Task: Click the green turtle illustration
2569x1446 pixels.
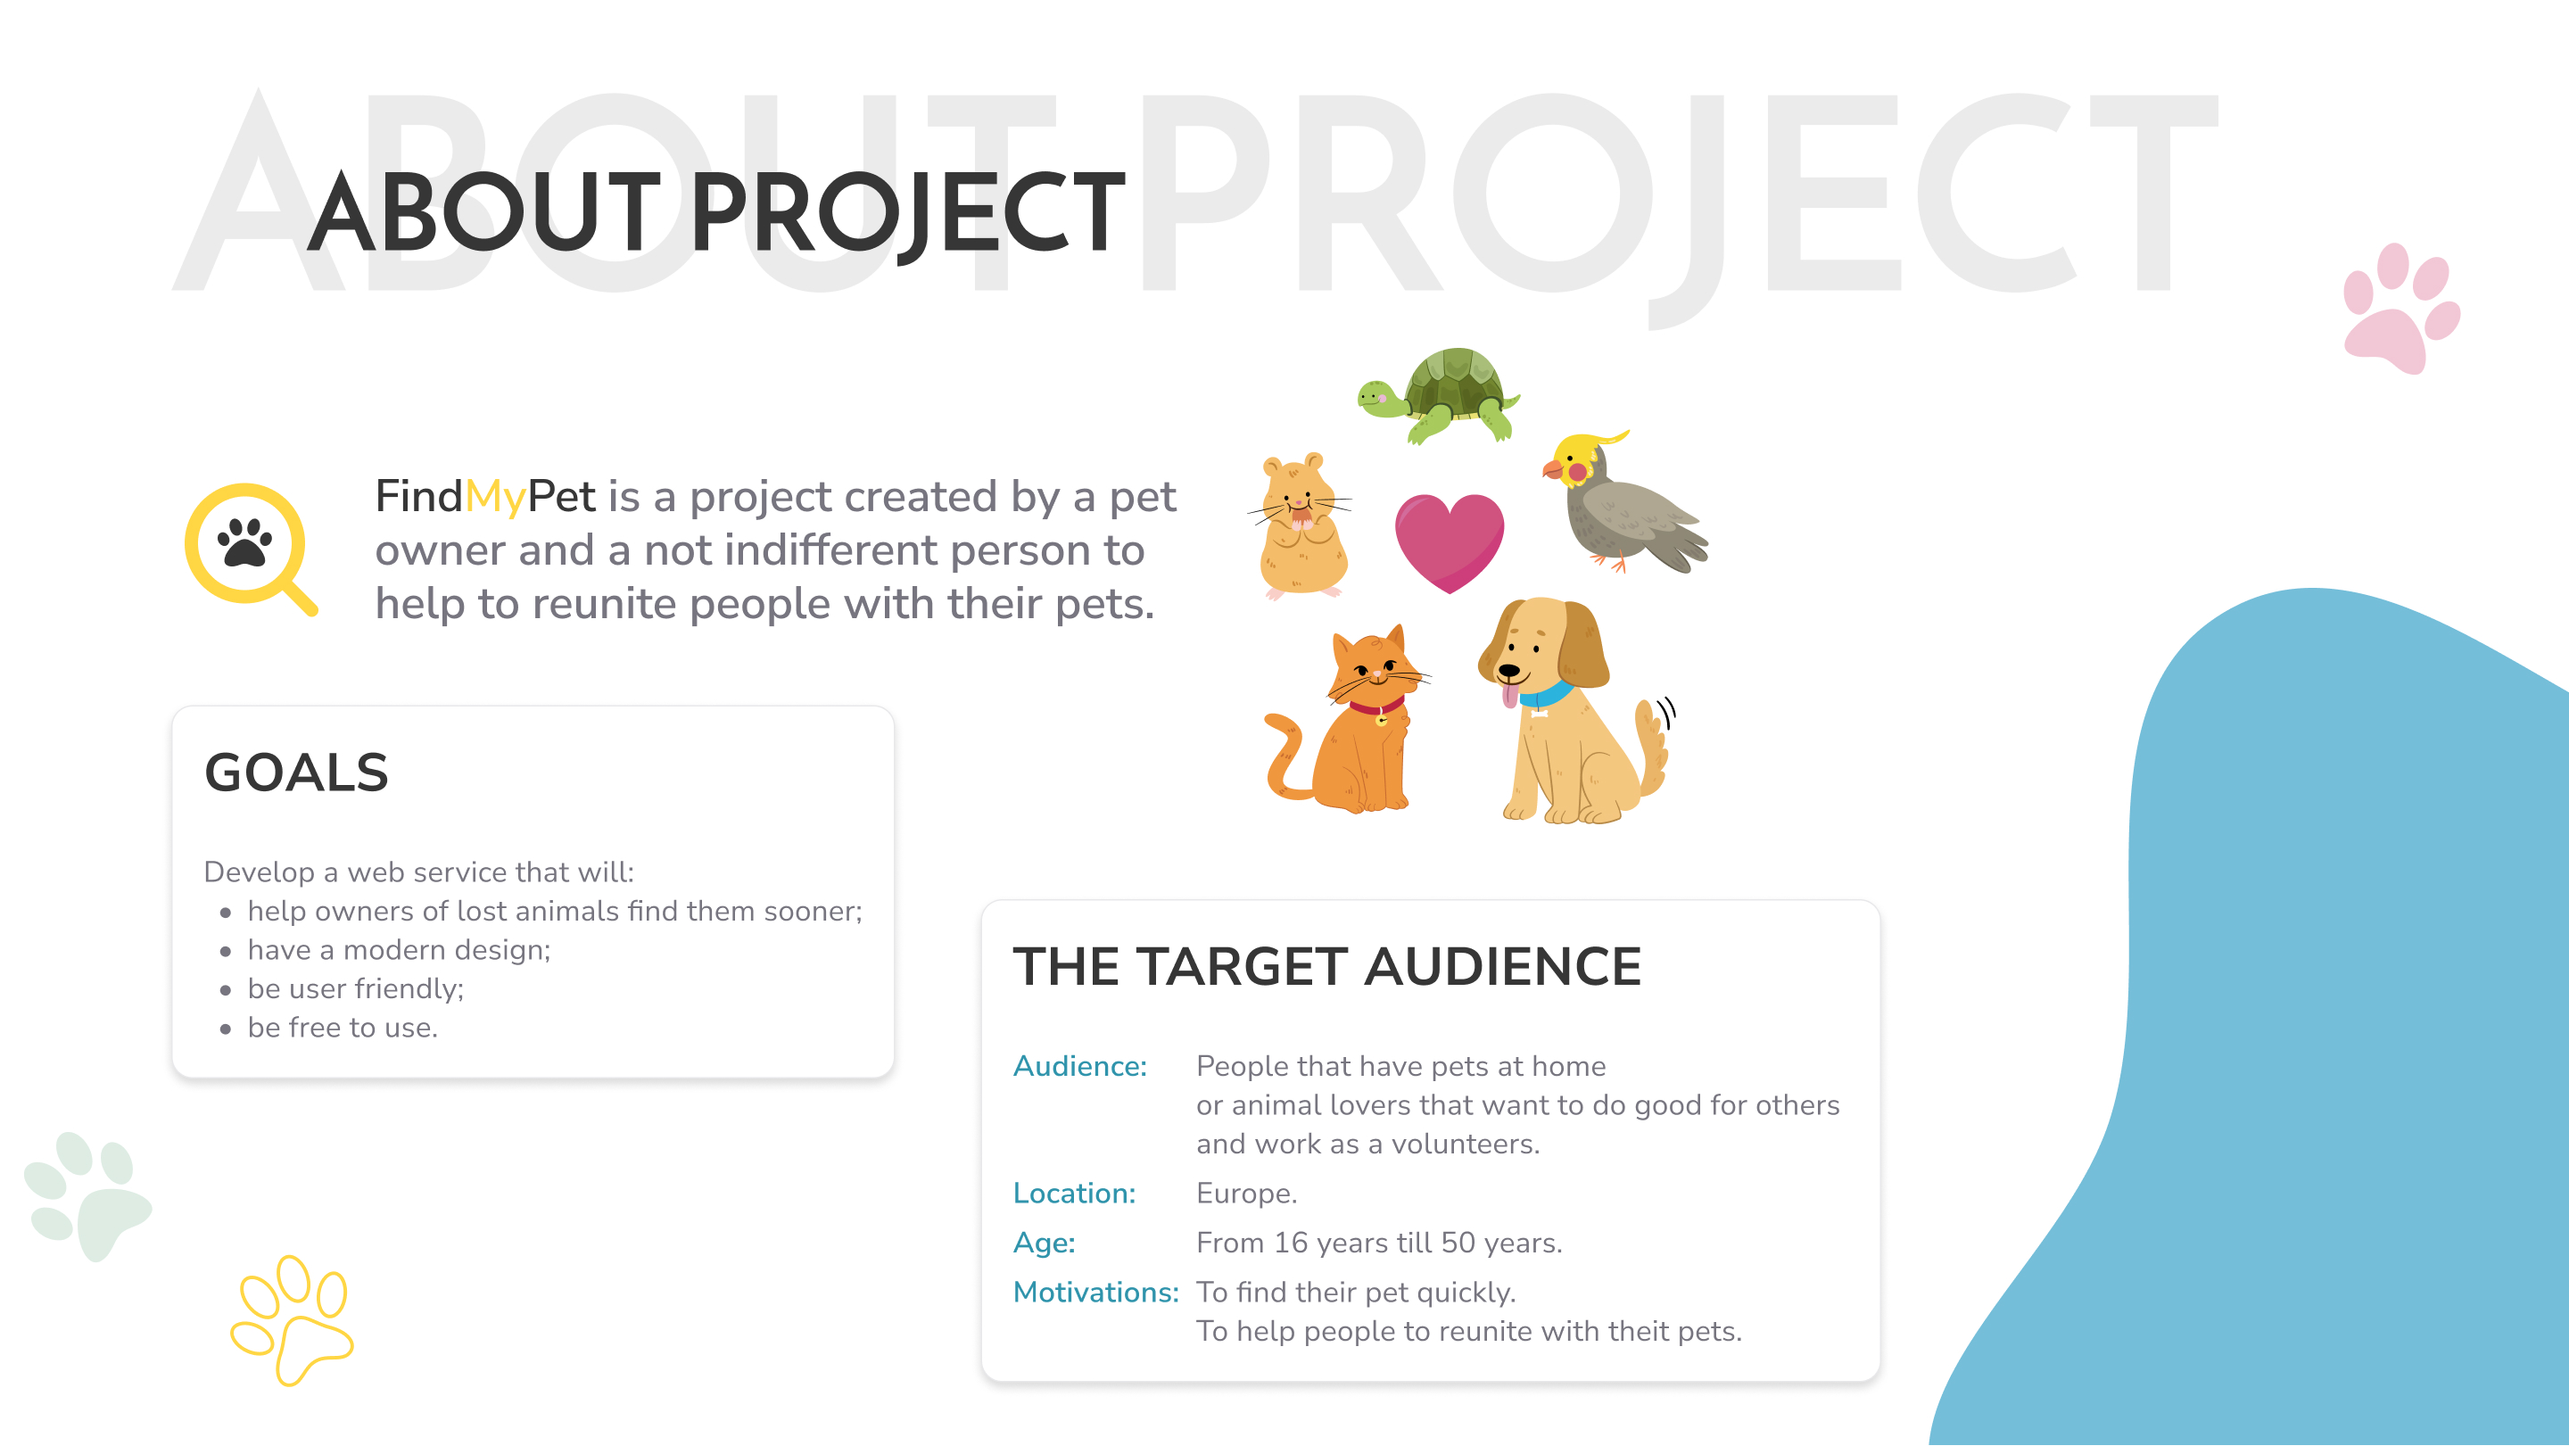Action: (1438, 395)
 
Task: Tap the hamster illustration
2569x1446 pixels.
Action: (1301, 526)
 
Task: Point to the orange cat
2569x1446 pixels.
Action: (1351, 720)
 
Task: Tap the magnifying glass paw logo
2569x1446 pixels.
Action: (252, 549)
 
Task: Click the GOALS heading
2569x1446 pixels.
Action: (296, 773)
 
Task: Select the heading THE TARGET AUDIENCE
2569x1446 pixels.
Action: (1326, 966)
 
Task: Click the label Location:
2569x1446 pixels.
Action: (1074, 1193)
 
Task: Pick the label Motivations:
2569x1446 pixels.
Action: (1096, 1292)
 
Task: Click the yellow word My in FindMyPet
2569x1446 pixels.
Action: (495, 498)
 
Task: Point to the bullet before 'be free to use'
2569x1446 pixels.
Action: (226, 1029)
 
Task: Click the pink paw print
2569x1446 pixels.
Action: (2401, 307)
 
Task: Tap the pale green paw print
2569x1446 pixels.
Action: (87, 1195)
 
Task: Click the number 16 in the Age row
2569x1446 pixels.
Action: (1291, 1243)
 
